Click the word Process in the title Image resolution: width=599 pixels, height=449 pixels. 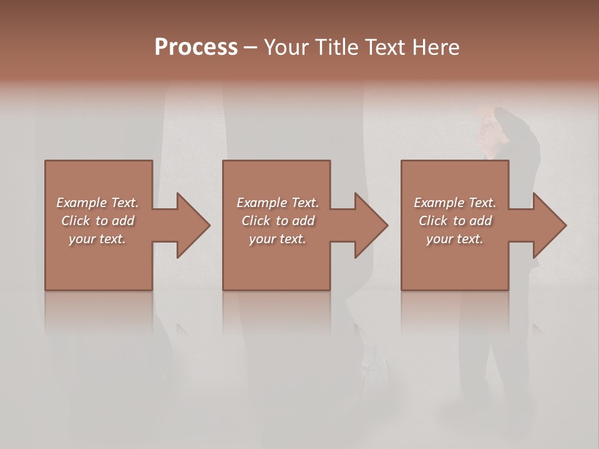coord(196,47)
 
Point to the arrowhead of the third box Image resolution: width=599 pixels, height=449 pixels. coord(548,225)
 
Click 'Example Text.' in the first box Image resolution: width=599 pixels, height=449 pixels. coord(97,203)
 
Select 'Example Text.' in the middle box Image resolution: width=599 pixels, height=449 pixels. coord(277,203)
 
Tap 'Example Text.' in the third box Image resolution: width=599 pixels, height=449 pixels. coord(455,203)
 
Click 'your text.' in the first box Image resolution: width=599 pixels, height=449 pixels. coord(97,239)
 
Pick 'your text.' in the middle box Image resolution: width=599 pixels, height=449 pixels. coord(277,239)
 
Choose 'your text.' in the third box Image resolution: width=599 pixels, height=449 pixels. coord(455,239)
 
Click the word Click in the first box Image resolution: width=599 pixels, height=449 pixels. coord(75,221)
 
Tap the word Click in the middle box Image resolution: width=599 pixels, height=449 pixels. coord(256,221)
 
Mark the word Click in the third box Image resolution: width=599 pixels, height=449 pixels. coord(433,221)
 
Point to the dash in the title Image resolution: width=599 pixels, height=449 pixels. coord(251,47)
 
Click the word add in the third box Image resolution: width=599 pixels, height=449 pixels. coord(481,221)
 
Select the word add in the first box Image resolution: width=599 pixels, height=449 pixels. coord(124,221)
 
